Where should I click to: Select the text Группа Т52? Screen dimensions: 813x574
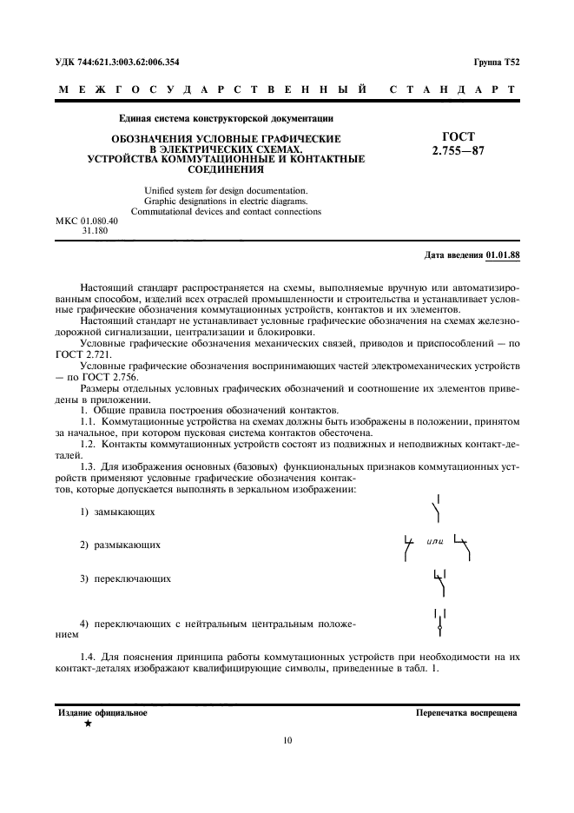496,62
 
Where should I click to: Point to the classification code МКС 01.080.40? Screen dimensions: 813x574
87,222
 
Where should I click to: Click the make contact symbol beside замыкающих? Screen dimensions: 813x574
439,509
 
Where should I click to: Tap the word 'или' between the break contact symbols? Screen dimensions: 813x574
436,542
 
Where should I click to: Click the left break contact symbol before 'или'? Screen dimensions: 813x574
408,545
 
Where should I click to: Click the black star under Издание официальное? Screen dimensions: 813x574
88,724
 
